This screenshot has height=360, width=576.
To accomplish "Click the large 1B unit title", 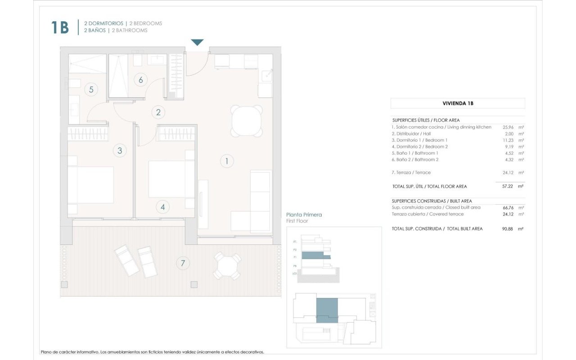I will point(60,27).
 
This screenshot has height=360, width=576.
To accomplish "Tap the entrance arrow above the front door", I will point(197,42).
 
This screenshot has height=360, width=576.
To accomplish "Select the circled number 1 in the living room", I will point(227,161).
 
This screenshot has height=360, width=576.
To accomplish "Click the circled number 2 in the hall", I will point(158,112).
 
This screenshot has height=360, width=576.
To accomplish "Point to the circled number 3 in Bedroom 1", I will point(120,151).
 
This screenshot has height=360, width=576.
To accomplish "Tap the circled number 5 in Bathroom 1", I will point(91,90).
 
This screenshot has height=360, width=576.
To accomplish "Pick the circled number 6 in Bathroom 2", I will point(141,80).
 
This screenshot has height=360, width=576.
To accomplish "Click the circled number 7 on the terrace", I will point(183,263).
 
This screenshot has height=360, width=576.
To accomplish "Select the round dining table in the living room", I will point(247,121).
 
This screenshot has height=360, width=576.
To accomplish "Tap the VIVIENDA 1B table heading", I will point(458,103).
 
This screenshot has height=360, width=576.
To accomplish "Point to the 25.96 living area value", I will point(508,127).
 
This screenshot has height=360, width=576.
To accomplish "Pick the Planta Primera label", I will point(304,215).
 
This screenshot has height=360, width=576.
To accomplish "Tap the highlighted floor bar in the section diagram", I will point(315,256).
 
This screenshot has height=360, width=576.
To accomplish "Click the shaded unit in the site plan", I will point(327,310).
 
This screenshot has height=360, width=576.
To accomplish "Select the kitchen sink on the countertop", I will point(266,76).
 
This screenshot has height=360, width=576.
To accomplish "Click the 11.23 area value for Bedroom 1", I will point(508,140).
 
